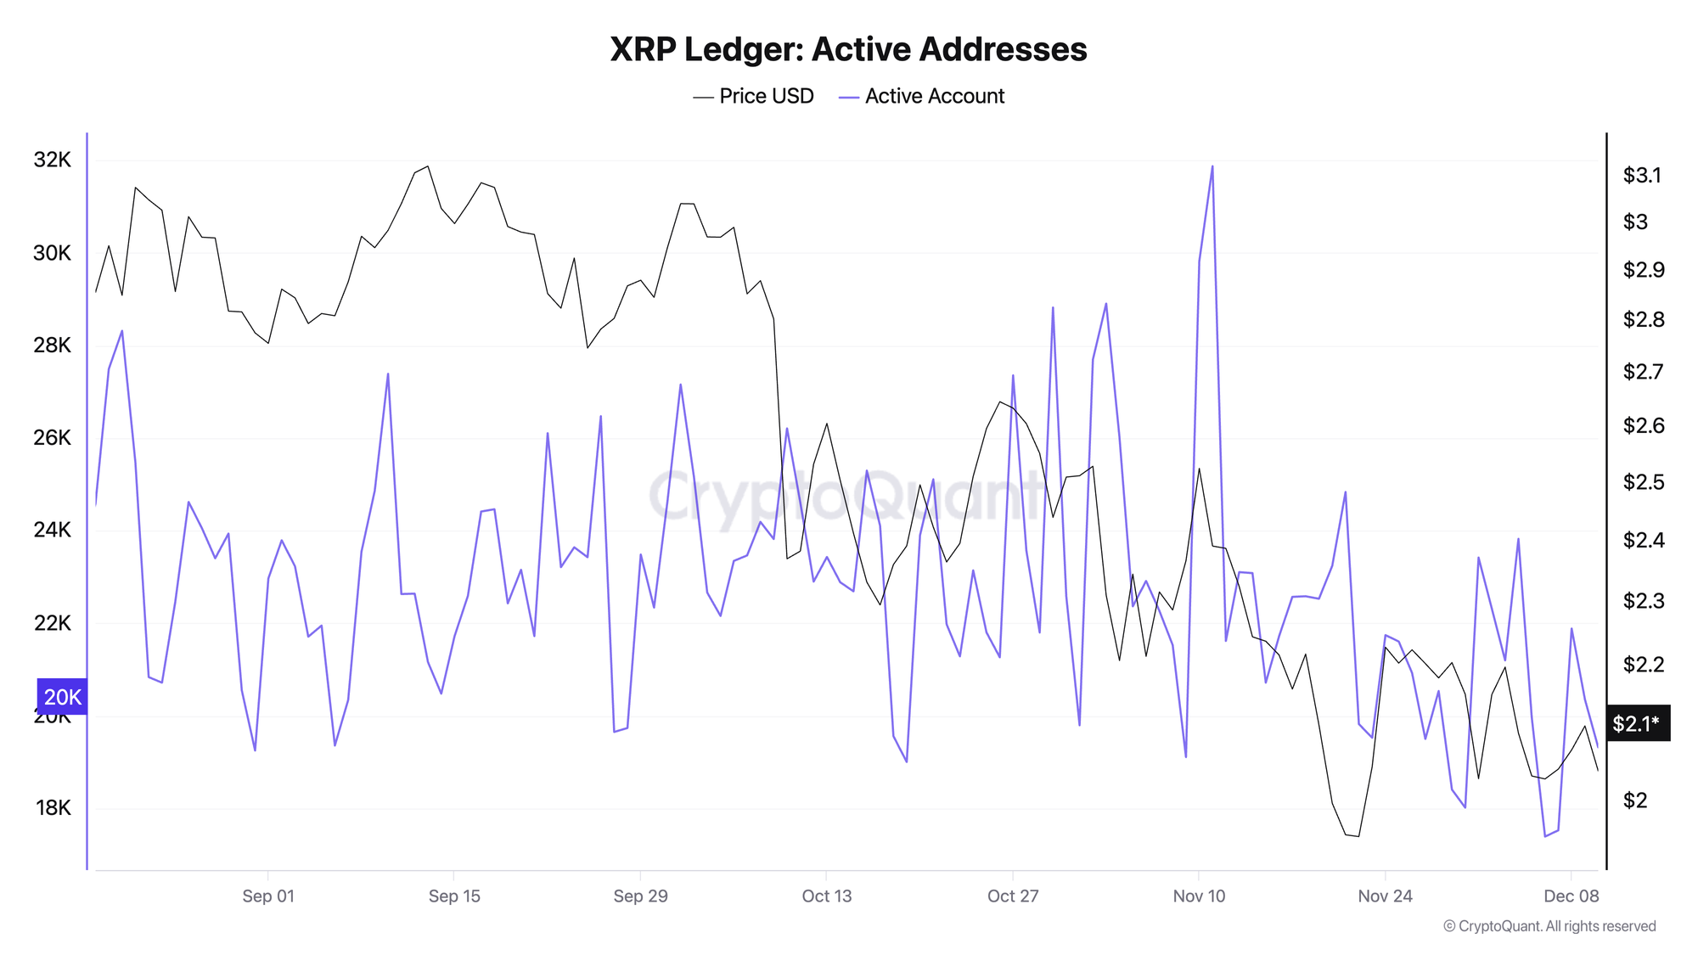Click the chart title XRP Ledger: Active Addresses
tap(848, 49)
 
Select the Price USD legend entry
tap(754, 96)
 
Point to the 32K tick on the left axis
tap(53, 160)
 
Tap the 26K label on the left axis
tap(53, 437)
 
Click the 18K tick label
tap(53, 807)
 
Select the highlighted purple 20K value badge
tap(62, 697)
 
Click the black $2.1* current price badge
tap(1635, 723)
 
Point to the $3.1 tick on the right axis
tap(1642, 175)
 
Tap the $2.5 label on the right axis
tap(1642, 481)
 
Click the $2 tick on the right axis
tap(1635, 800)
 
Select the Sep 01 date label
tap(267, 896)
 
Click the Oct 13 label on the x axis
tap(826, 896)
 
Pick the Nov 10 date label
tap(1199, 896)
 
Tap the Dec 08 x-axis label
tap(1571, 896)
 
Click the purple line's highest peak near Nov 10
tap(1212, 166)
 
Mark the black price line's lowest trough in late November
tap(1358, 836)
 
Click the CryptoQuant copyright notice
tap(1549, 926)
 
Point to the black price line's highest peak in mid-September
tap(428, 166)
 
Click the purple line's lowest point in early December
tap(1545, 836)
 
